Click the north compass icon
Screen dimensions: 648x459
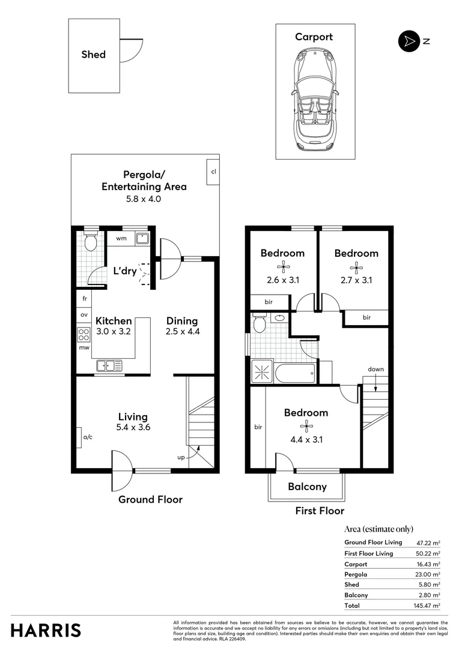coord(408,41)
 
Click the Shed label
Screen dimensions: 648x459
coord(93,55)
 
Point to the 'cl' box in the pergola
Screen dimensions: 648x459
coord(213,172)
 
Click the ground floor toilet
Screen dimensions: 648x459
coord(90,243)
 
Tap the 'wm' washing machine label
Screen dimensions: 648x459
coord(122,238)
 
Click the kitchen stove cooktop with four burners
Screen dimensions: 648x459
coord(84,333)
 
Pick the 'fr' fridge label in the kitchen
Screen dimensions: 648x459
coord(84,298)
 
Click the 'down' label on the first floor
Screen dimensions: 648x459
coord(376,369)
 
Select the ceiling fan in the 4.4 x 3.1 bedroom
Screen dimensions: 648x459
coord(306,427)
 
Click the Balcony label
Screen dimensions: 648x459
coord(307,486)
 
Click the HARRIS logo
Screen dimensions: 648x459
coord(46,630)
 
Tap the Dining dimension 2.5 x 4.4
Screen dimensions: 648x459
coord(182,331)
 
